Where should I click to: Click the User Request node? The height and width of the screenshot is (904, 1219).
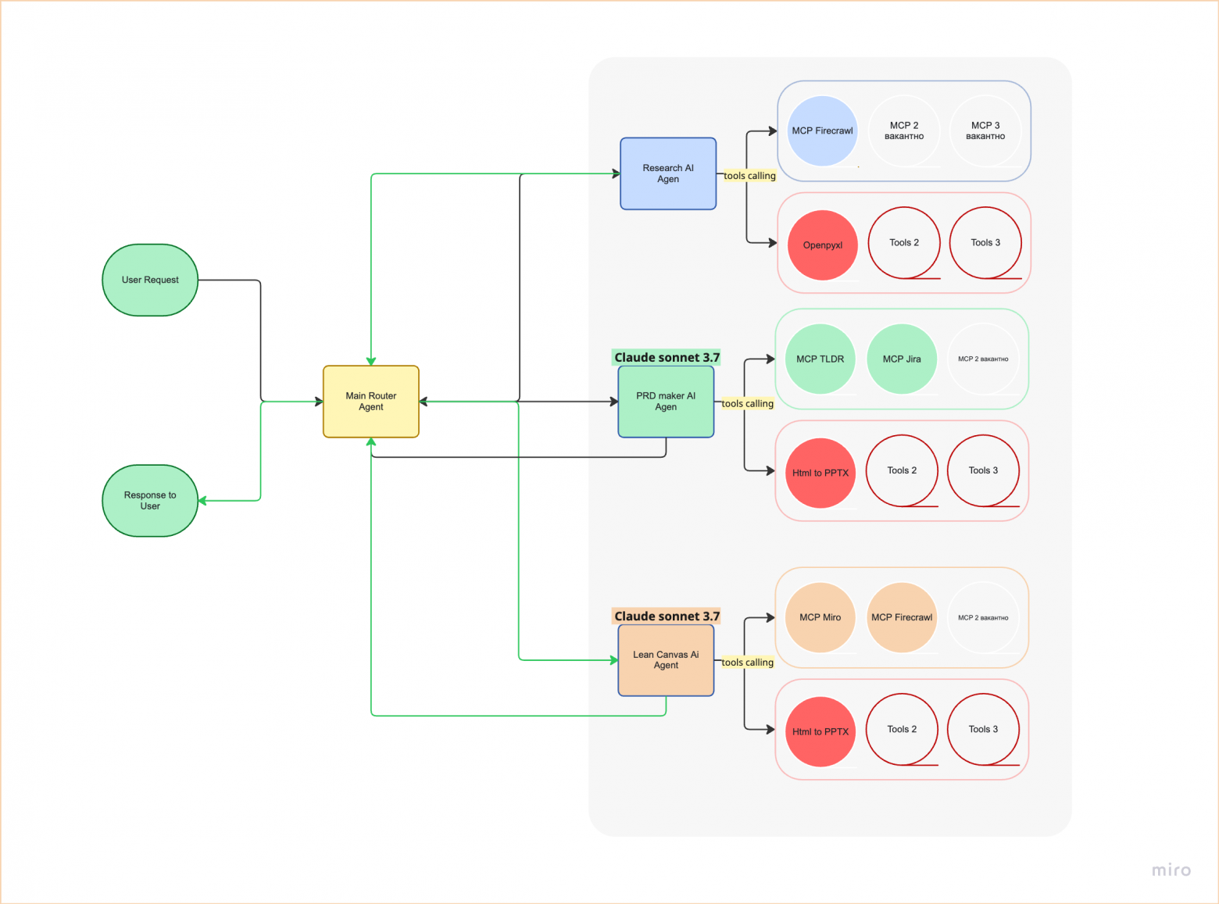click(150, 280)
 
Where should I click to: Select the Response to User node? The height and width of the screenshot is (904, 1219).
click(150, 501)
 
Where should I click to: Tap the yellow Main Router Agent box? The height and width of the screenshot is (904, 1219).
click(371, 402)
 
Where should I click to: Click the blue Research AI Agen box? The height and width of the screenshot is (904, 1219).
click(668, 173)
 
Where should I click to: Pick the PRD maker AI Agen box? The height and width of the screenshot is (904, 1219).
click(666, 402)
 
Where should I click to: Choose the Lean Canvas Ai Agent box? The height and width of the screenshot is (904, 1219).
click(666, 660)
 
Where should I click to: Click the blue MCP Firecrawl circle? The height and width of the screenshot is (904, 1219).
click(822, 131)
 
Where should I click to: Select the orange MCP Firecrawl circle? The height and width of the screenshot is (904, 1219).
click(902, 617)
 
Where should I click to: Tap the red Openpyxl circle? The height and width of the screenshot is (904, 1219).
click(823, 245)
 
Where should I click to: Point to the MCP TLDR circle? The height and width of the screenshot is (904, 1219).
click(820, 359)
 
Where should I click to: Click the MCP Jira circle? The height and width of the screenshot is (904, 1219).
click(902, 359)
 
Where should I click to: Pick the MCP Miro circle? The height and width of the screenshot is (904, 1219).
click(820, 617)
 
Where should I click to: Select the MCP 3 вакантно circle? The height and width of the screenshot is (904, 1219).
click(985, 131)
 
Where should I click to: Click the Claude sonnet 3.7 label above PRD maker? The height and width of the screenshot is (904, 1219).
click(667, 358)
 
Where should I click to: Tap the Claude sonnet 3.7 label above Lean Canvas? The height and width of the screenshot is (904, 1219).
click(667, 616)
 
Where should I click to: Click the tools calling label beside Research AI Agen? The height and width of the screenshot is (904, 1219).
click(749, 176)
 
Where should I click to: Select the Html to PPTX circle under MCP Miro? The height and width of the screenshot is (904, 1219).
click(820, 732)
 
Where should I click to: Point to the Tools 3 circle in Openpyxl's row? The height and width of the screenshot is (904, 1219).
click(985, 243)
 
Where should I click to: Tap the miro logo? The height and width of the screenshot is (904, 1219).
click(1171, 870)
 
